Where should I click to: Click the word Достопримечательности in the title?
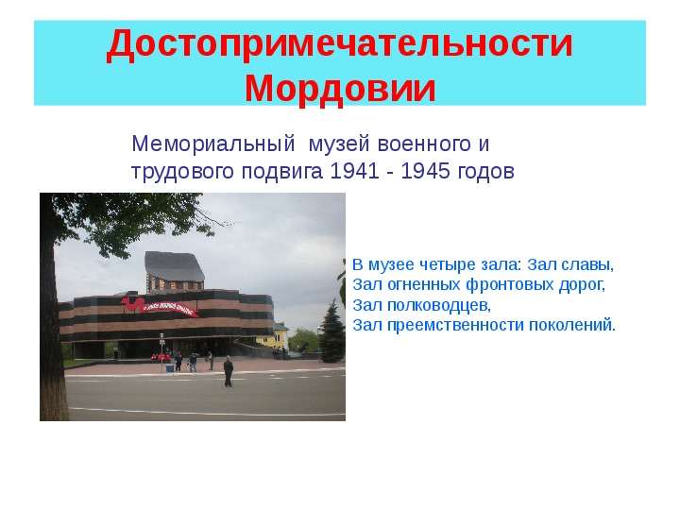[x=340, y=44]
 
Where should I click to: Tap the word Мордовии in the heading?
[x=340, y=89]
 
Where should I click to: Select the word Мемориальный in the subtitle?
[x=212, y=144]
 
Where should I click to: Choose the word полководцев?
[x=439, y=306]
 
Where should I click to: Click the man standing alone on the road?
[x=229, y=372]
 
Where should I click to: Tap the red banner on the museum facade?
[x=159, y=305]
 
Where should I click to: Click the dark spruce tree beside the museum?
[x=331, y=331]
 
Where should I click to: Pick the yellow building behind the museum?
[x=276, y=335]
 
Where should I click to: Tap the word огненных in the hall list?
[x=424, y=285]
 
